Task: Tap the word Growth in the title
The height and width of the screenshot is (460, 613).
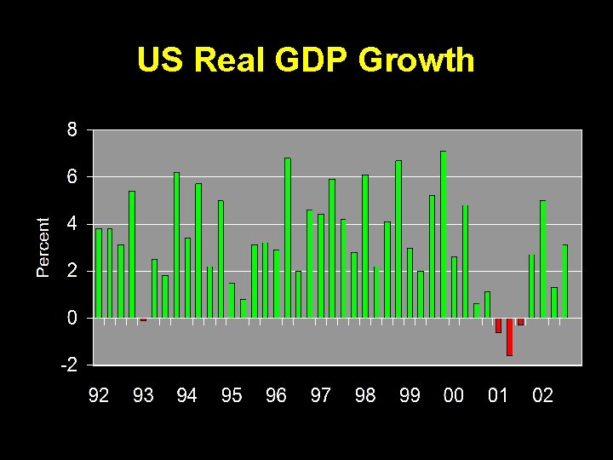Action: click(416, 60)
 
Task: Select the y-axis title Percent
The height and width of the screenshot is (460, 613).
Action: click(43, 246)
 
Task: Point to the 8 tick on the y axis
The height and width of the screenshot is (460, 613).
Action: click(72, 130)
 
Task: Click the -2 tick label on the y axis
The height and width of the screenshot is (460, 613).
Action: click(68, 365)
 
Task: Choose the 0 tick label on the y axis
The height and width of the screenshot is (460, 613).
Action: click(72, 318)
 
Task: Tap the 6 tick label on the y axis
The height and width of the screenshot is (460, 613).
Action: click(72, 177)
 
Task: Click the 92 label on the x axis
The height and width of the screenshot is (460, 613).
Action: click(99, 395)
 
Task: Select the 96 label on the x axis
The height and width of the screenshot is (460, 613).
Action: click(276, 395)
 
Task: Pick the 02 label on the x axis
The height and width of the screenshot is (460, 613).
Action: click(542, 395)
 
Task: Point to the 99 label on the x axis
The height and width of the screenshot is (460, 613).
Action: click(410, 395)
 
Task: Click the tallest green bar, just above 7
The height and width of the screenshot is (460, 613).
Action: click(443, 234)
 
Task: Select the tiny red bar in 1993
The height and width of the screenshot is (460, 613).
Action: click(143, 319)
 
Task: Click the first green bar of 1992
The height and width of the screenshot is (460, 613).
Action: click(99, 273)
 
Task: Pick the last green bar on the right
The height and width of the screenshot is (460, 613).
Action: click(564, 281)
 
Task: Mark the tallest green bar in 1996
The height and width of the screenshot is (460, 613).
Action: click(288, 238)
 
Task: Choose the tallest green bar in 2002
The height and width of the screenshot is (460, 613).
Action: click(542, 259)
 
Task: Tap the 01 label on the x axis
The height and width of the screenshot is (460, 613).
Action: click(498, 395)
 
